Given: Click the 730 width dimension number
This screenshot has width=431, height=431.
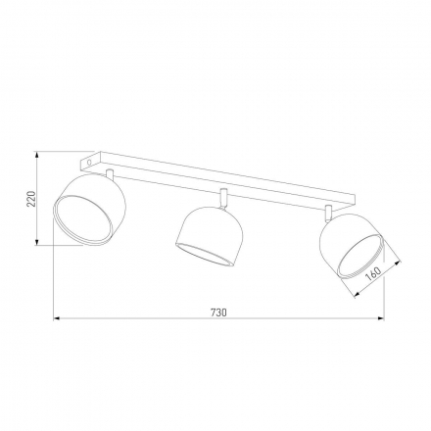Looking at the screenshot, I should point(217,312).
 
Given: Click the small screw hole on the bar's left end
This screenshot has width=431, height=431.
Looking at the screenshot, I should point(91,156).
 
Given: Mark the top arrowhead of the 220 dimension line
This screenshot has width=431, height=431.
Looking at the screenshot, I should point(37,154).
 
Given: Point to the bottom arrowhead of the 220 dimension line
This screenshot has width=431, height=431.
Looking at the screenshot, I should point(37,242).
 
